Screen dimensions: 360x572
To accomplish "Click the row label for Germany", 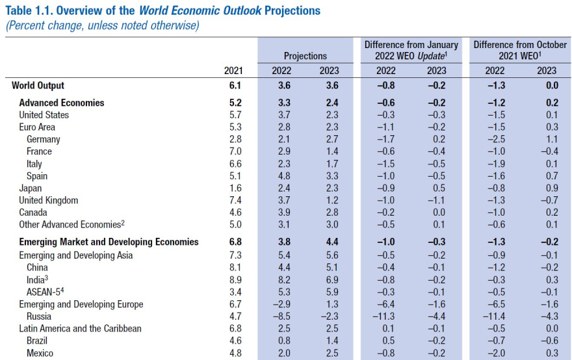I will coord(44,139).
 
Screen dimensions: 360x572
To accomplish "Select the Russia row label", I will coord(40,316).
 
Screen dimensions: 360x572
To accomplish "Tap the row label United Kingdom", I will coord(48,201).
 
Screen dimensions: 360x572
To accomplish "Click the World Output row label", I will coord(38,85).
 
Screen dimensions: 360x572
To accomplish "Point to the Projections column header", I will coord(305,56).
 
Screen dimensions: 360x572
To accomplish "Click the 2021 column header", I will coord(233,71).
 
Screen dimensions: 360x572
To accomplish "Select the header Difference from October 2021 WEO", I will coord(520,50).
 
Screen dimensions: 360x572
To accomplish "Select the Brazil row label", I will coord(38,341).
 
